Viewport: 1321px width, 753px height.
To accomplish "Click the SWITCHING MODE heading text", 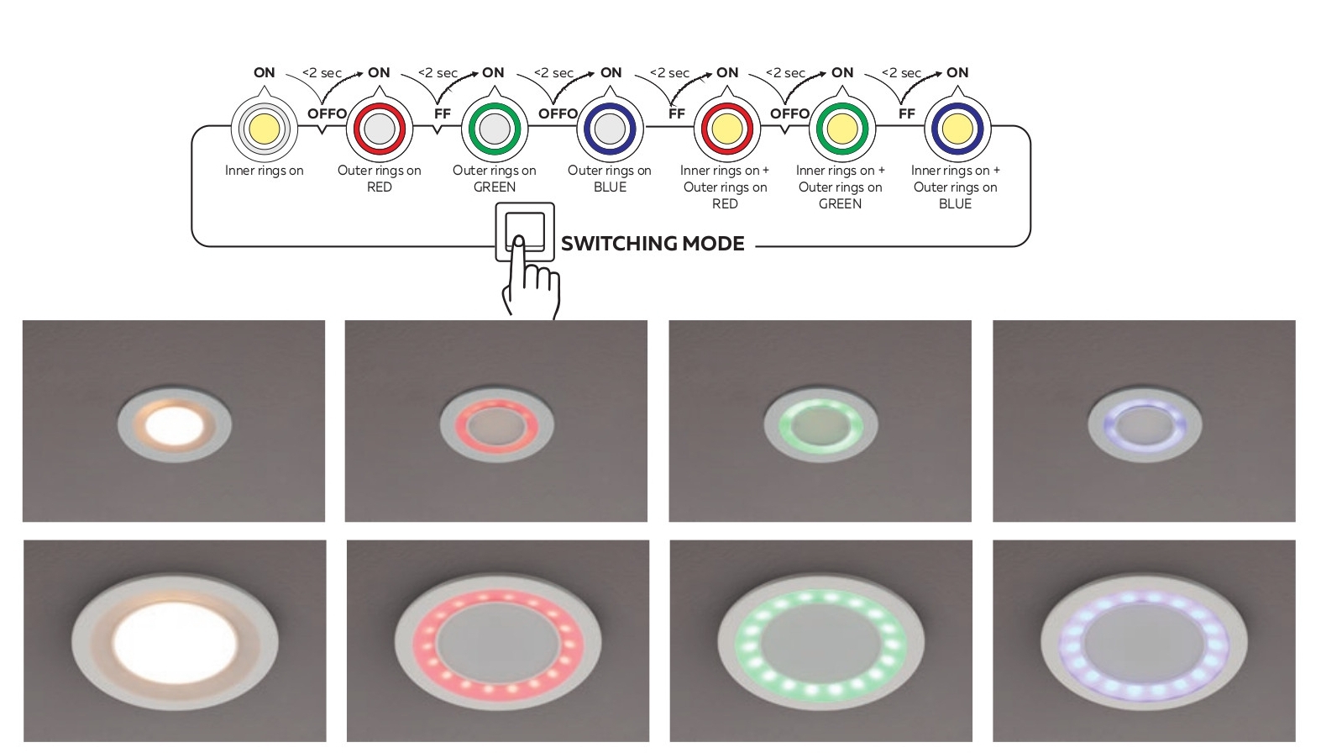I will [x=653, y=244].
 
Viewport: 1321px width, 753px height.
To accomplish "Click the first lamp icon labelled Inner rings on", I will [x=264, y=129].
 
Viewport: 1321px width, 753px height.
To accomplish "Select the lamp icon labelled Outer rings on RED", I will [x=380, y=129].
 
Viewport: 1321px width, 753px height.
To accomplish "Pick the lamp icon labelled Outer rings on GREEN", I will [x=495, y=129].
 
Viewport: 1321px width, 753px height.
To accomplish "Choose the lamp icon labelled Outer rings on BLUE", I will [x=610, y=129].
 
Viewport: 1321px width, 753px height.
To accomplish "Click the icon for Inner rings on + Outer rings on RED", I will [x=726, y=129].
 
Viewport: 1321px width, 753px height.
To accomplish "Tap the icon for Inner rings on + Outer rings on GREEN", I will [x=841, y=129].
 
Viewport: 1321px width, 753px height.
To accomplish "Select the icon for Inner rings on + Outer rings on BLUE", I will [x=957, y=129].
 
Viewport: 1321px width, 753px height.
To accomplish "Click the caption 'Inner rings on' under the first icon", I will [x=264, y=171].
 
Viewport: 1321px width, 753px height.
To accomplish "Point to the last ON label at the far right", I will [x=957, y=72].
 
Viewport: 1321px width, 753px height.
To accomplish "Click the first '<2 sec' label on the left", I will [x=322, y=73].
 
